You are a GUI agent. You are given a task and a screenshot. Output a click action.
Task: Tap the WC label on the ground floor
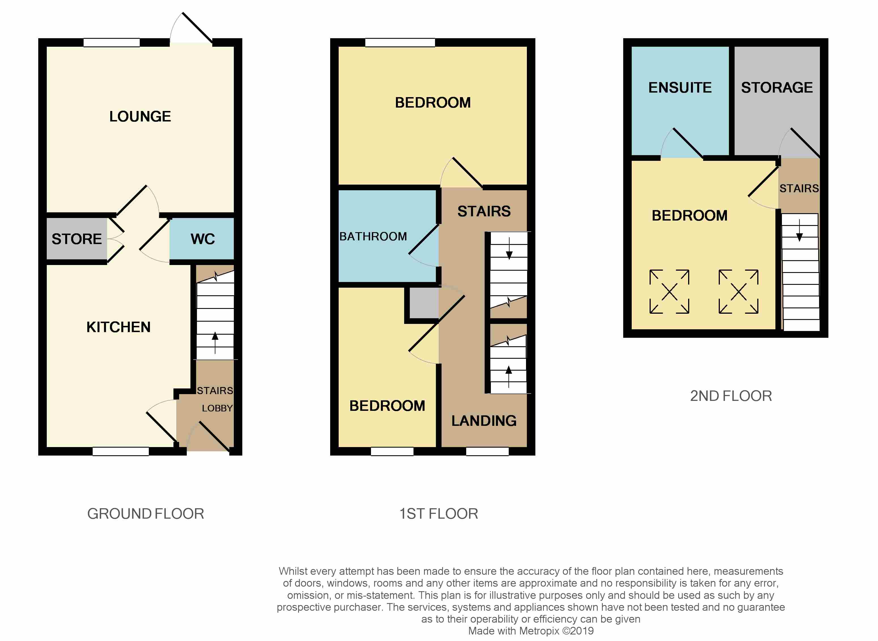point(202,239)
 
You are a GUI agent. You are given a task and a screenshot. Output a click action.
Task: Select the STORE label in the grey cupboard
point(77,239)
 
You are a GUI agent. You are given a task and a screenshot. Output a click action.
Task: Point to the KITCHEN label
point(118,327)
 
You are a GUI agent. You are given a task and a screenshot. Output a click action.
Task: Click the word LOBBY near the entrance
point(217,408)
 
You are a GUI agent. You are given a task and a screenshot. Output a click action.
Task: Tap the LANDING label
point(484,421)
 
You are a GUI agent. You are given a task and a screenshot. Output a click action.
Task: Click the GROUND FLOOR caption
point(146,514)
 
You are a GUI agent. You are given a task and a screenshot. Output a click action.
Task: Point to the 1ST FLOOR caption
point(439,514)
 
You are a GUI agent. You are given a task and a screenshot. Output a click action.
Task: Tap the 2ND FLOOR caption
point(731,396)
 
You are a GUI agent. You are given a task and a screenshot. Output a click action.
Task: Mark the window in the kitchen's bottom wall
point(120,451)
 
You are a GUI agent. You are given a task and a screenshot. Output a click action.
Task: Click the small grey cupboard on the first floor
point(424,303)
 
